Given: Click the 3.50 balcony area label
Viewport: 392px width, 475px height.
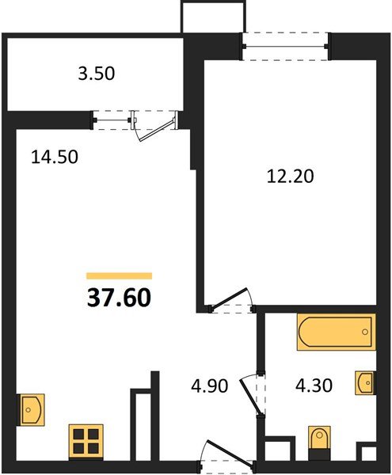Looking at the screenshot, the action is point(97,74).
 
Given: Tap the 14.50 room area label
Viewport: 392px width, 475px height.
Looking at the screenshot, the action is point(55,158).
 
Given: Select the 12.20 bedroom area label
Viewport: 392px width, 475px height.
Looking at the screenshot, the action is point(290,177).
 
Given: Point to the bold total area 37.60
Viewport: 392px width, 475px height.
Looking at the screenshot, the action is point(119,298).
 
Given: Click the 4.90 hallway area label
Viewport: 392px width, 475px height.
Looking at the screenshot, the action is point(209,386).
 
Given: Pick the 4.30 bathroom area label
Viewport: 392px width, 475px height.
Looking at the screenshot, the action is point(314,386).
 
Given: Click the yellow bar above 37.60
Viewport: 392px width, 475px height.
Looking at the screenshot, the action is point(119,275).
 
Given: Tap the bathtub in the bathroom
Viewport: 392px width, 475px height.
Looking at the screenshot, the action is point(337,332).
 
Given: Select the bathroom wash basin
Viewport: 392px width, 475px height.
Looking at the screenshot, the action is point(365,383).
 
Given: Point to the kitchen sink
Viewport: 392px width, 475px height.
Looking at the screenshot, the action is point(31,410).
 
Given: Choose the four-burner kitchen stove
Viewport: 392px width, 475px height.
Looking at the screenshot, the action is point(86,442).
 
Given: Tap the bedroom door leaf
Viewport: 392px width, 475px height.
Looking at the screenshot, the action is point(230,299).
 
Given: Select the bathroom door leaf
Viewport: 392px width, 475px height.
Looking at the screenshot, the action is point(251,397).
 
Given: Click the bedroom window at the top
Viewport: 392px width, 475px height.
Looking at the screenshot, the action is point(285,47).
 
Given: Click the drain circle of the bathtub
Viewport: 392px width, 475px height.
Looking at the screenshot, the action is point(365,332).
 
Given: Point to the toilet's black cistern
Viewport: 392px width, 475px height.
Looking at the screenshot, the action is point(319,454).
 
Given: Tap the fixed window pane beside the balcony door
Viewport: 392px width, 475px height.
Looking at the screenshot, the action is point(112,120).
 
